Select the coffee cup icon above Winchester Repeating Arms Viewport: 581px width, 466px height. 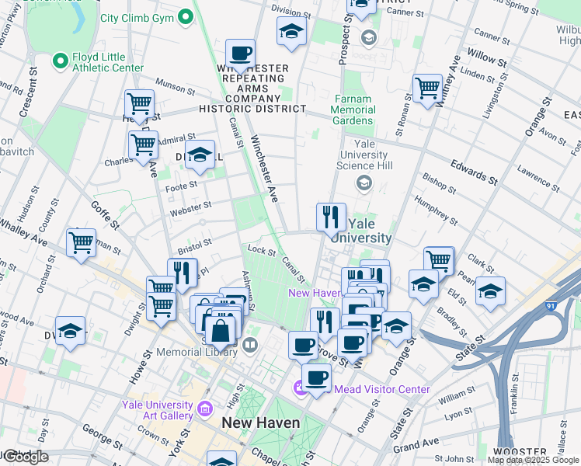click(x=241, y=54)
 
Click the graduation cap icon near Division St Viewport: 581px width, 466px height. click(x=291, y=32)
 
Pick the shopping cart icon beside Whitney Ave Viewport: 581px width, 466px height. click(x=427, y=88)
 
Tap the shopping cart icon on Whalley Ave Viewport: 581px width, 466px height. click(x=81, y=243)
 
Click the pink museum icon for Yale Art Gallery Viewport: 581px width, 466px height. click(x=205, y=408)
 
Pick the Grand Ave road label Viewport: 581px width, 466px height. click(x=416, y=445)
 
